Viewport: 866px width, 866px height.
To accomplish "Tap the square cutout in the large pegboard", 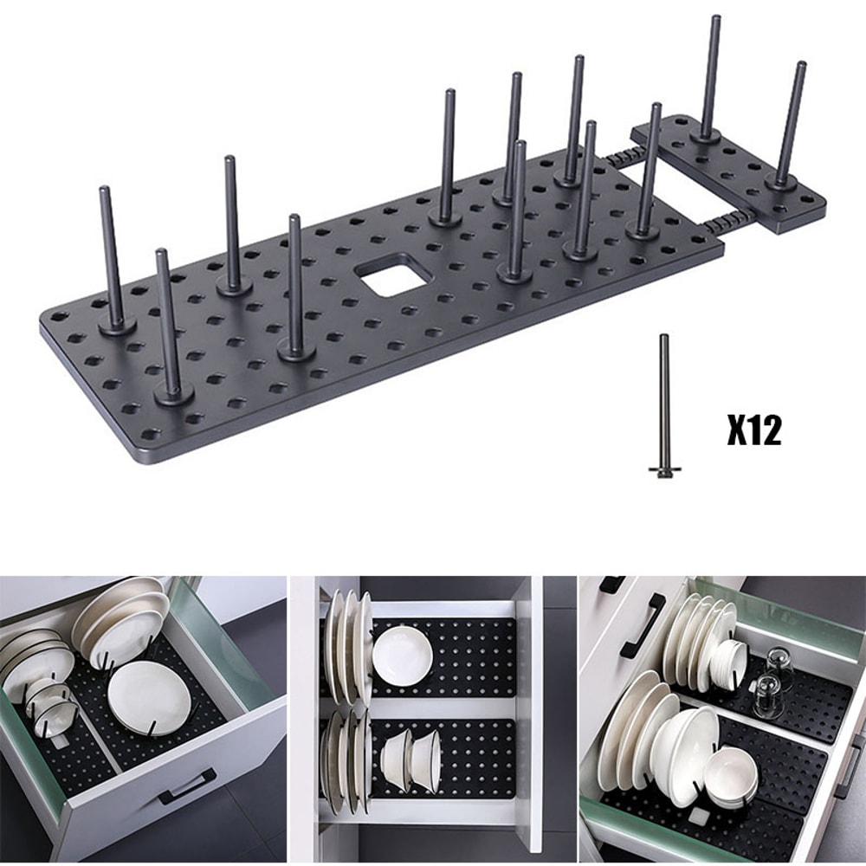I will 393,278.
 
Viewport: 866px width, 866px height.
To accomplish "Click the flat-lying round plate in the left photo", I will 148,696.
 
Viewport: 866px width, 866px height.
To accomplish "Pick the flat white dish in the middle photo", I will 403,656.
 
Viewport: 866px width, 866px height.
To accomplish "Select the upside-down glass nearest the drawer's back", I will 779,666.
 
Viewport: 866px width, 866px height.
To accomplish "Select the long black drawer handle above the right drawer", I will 643,624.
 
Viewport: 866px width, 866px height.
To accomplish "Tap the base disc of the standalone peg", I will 664,470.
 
